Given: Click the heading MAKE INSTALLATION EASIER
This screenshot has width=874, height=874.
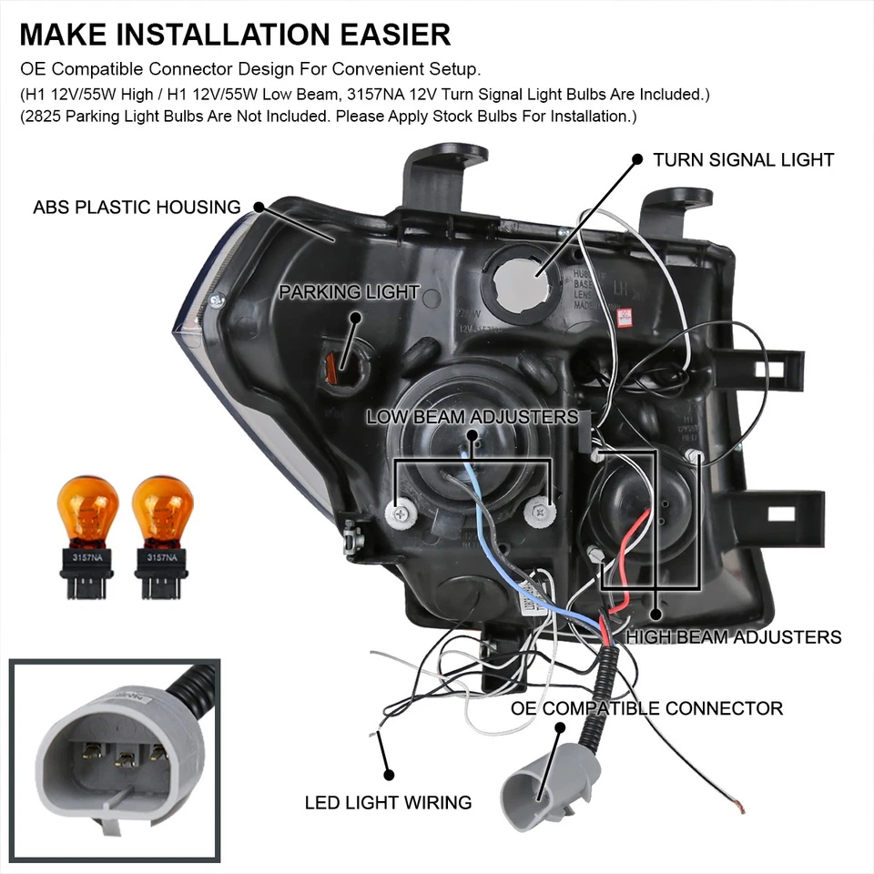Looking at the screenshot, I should (x=235, y=35).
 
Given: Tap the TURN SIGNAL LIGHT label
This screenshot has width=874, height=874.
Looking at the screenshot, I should (x=743, y=160).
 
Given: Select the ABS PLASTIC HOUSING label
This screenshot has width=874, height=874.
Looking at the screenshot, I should (x=137, y=208).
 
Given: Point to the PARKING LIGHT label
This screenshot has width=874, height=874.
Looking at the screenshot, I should (x=349, y=292).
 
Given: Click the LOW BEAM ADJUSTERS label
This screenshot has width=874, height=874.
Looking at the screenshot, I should (x=472, y=417).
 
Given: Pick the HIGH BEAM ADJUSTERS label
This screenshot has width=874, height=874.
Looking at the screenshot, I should (x=733, y=636).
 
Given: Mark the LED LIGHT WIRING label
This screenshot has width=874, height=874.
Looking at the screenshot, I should (x=388, y=802).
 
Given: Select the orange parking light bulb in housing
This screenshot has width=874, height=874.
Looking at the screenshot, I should (x=333, y=367).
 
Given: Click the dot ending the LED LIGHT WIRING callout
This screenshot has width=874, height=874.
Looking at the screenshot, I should (x=390, y=775).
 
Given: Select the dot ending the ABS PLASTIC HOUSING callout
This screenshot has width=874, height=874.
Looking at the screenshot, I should (x=259, y=207).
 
